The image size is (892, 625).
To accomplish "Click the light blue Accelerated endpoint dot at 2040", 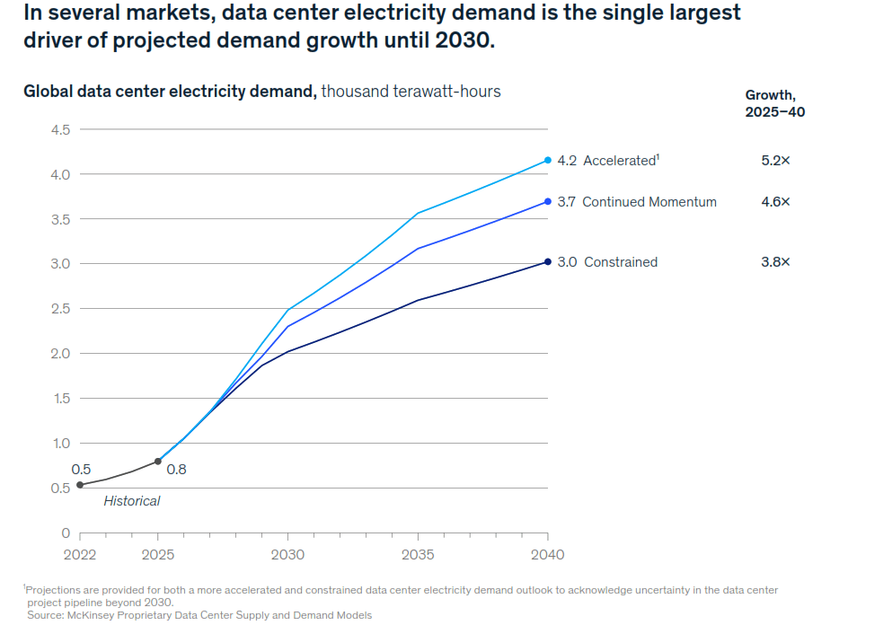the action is [548, 161].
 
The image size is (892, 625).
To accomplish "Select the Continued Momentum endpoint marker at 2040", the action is [548, 201].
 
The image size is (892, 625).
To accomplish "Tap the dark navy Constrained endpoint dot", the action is [548, 261].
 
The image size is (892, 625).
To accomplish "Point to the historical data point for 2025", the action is [158, 462].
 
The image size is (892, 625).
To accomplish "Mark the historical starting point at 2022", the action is [80, 485].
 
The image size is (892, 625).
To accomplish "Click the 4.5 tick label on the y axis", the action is [60, 129].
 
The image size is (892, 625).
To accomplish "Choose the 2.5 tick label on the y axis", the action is [60, 309].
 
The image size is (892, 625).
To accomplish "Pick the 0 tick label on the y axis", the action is [66, 533].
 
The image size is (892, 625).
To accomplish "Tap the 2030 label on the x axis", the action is [287, 554].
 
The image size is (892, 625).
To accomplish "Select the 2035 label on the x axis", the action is [418, 554].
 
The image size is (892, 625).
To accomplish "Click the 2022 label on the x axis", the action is [80, 554].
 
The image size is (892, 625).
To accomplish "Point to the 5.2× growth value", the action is [776, 161].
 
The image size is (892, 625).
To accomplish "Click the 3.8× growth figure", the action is [776, 261].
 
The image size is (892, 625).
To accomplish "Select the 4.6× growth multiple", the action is [776, 201].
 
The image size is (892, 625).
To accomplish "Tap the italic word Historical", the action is [132, 501].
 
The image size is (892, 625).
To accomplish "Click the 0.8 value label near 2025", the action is [176, 469].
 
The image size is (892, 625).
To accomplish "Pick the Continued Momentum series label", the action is [649, 202].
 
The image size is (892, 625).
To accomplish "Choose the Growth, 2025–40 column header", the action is [775, 103].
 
